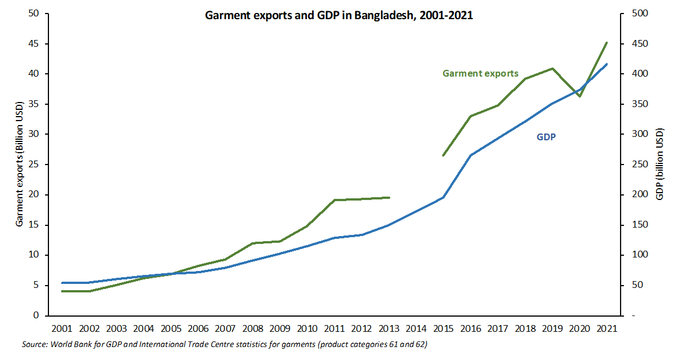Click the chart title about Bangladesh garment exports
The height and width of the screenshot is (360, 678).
tap(338, 16)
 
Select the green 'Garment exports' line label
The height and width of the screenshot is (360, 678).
tap(480, 73)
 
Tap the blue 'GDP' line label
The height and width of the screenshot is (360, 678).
tap(546, 137)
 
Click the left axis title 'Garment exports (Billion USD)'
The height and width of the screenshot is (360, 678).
tap(19, 165)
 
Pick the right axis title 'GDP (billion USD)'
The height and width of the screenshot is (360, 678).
tap(661, 165)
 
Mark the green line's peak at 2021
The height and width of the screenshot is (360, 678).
tap(606, 42)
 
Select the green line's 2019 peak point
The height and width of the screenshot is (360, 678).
tap(552, 68)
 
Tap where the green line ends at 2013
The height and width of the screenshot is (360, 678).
tap(390, 197)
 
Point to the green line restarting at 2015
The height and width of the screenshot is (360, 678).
tap(443, 155)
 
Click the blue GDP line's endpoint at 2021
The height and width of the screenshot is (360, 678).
tap(606, 64)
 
